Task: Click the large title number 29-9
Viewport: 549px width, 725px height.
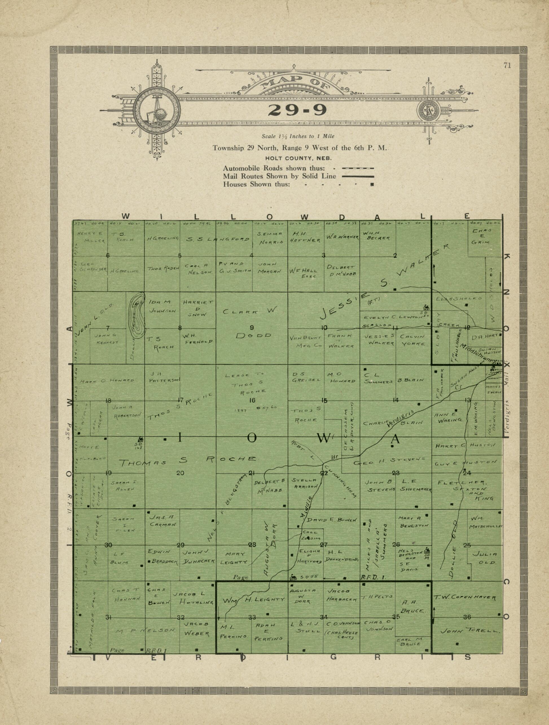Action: tap(297, 110)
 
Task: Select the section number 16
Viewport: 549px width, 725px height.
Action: tap(252, 400)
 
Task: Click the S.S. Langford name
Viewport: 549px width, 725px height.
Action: tap(218, 240)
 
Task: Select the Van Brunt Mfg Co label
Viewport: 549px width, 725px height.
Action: tap(305, 341)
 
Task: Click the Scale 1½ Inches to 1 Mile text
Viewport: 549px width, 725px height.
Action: tap(298, 136)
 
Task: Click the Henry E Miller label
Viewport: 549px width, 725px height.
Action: tap(91, 237)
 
